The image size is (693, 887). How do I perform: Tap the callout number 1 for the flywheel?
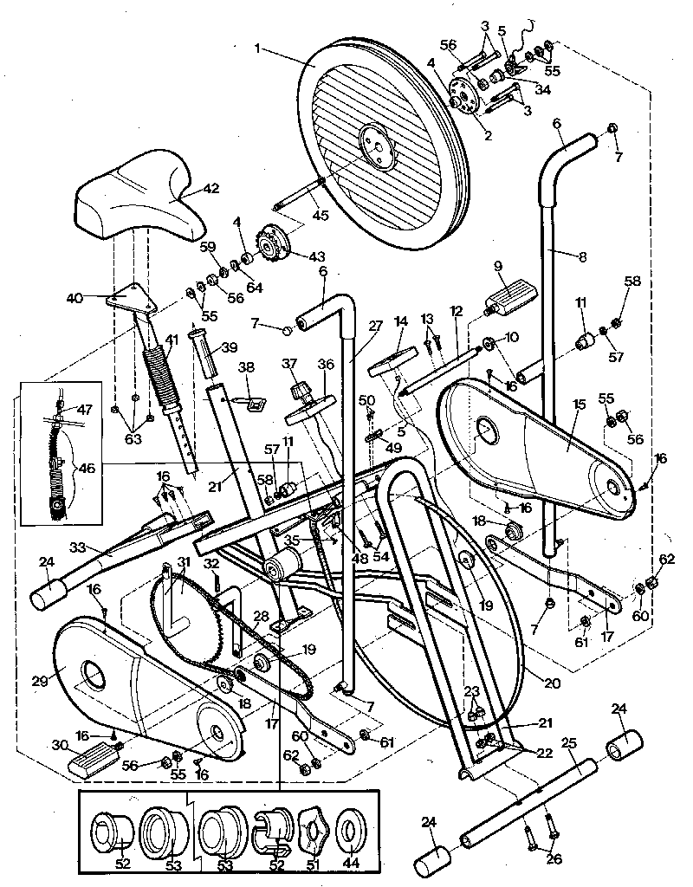pyautogui.click(x=257, y=49)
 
